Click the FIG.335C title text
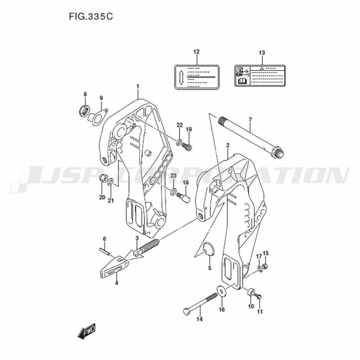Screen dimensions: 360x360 pos(91,16)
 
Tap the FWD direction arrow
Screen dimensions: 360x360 pos(86,332)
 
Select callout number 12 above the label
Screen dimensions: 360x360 pos(196,52)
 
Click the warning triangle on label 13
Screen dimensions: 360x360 pos(261,68)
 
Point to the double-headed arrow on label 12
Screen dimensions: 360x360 pos(181,77)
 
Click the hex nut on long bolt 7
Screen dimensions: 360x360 pos(275,152)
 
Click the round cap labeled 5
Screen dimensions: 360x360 pos(209,249)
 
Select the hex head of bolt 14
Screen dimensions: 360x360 pos(186,311)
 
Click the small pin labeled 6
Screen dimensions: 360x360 pos(104,251)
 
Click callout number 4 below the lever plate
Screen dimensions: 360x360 pos(116,283)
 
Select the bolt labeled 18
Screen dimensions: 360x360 pos(183,197)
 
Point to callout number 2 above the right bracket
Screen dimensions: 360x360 pos(228,145)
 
